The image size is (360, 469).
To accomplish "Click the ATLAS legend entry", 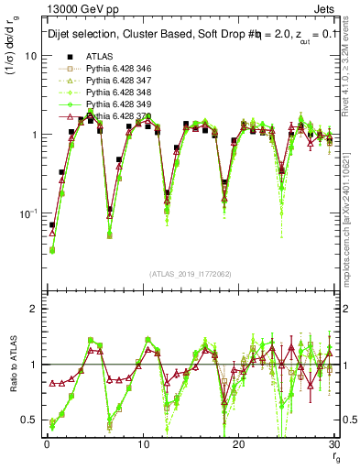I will [x=96, y=57].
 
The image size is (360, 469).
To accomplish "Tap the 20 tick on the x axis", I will [x=238, y=444].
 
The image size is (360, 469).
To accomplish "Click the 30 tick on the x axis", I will [x=333, y=444].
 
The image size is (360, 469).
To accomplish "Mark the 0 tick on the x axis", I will [x=47, y=444].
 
